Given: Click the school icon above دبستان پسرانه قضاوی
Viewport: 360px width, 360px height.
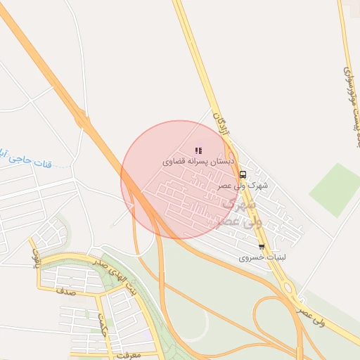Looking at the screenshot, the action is point(198,150).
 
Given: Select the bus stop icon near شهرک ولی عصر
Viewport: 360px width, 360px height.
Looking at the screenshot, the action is point(243,174).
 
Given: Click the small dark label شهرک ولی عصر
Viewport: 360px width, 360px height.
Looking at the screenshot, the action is point(233,186).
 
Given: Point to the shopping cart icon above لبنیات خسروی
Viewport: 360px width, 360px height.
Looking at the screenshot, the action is point(262,247).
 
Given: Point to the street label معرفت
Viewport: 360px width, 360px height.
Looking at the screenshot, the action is point(127,355).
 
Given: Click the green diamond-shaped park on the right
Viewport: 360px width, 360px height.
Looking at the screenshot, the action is point(335,189).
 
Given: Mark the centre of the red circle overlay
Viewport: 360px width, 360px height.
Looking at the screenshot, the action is point(179,179).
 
